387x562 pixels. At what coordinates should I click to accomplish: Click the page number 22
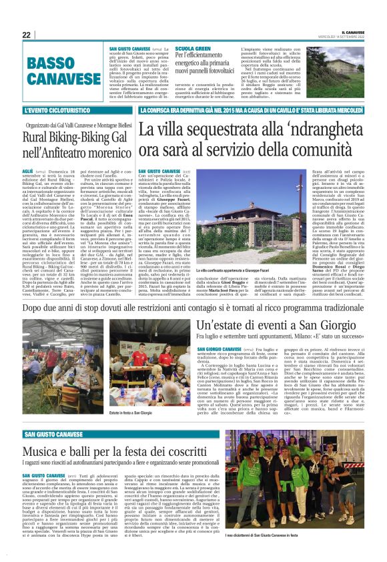tap(27, 35)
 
